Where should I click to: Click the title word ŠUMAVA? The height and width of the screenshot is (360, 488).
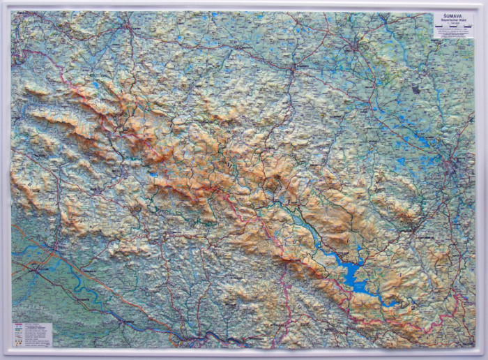(453, 17)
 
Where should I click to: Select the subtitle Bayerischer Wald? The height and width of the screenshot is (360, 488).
(453, 22)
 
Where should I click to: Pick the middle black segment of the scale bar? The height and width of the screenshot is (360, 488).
(453, 33)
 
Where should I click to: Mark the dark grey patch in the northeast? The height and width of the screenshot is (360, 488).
(416, 89)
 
